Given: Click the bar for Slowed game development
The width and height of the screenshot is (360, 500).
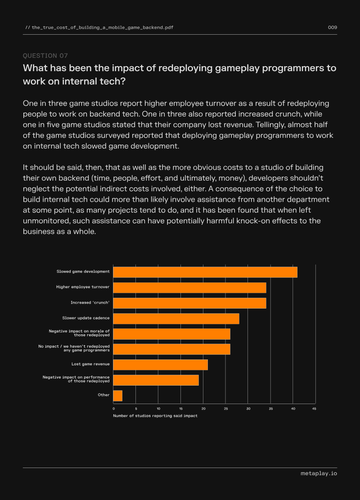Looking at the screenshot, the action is [x=205, y=272].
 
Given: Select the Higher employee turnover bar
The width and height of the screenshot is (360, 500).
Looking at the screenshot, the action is [x=189, y=288].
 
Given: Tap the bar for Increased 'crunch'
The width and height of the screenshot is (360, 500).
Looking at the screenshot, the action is [x=189, y=303].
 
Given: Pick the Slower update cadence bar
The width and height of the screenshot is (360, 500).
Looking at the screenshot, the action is [x=176, y=318].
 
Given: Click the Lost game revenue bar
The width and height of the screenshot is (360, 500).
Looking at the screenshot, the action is [x=161, y=365].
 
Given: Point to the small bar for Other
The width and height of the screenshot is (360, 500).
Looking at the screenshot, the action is [x=117, y=396].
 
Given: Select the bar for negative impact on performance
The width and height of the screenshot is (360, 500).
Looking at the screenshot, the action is [x=156, y=380].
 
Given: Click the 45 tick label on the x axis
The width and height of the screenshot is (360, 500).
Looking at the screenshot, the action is [x=314, y=409].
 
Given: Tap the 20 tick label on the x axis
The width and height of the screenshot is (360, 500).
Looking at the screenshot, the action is [x=203, y=409].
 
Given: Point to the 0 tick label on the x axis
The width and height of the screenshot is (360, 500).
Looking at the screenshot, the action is [x=114, y=409].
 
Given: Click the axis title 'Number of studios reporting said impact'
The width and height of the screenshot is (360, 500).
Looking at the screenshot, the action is [x=155, y=416].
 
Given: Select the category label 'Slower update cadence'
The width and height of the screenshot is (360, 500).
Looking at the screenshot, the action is [x=86, y=318].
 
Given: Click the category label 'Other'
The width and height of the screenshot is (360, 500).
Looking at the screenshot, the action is [x=104, y=395].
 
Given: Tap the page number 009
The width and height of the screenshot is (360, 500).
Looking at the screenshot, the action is [x=333, y=27].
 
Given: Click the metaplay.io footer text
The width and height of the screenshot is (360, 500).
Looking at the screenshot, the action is [x=319, y=473].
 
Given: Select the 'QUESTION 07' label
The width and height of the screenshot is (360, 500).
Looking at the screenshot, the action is [x=45, y=56].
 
